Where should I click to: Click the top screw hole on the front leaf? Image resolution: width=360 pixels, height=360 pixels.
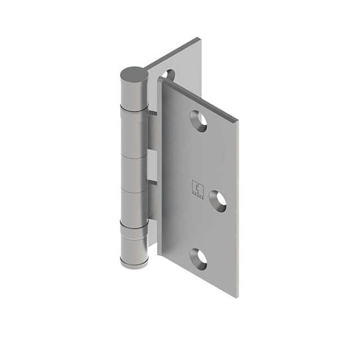coord(198,120)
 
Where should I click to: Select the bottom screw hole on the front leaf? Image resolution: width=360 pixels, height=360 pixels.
coord(198,258)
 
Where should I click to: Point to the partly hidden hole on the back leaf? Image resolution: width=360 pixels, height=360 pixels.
coord(167,74)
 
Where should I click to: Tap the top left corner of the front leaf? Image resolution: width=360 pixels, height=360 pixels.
coord(160,79)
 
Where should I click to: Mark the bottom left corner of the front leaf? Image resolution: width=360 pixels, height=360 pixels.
coord(160,254)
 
